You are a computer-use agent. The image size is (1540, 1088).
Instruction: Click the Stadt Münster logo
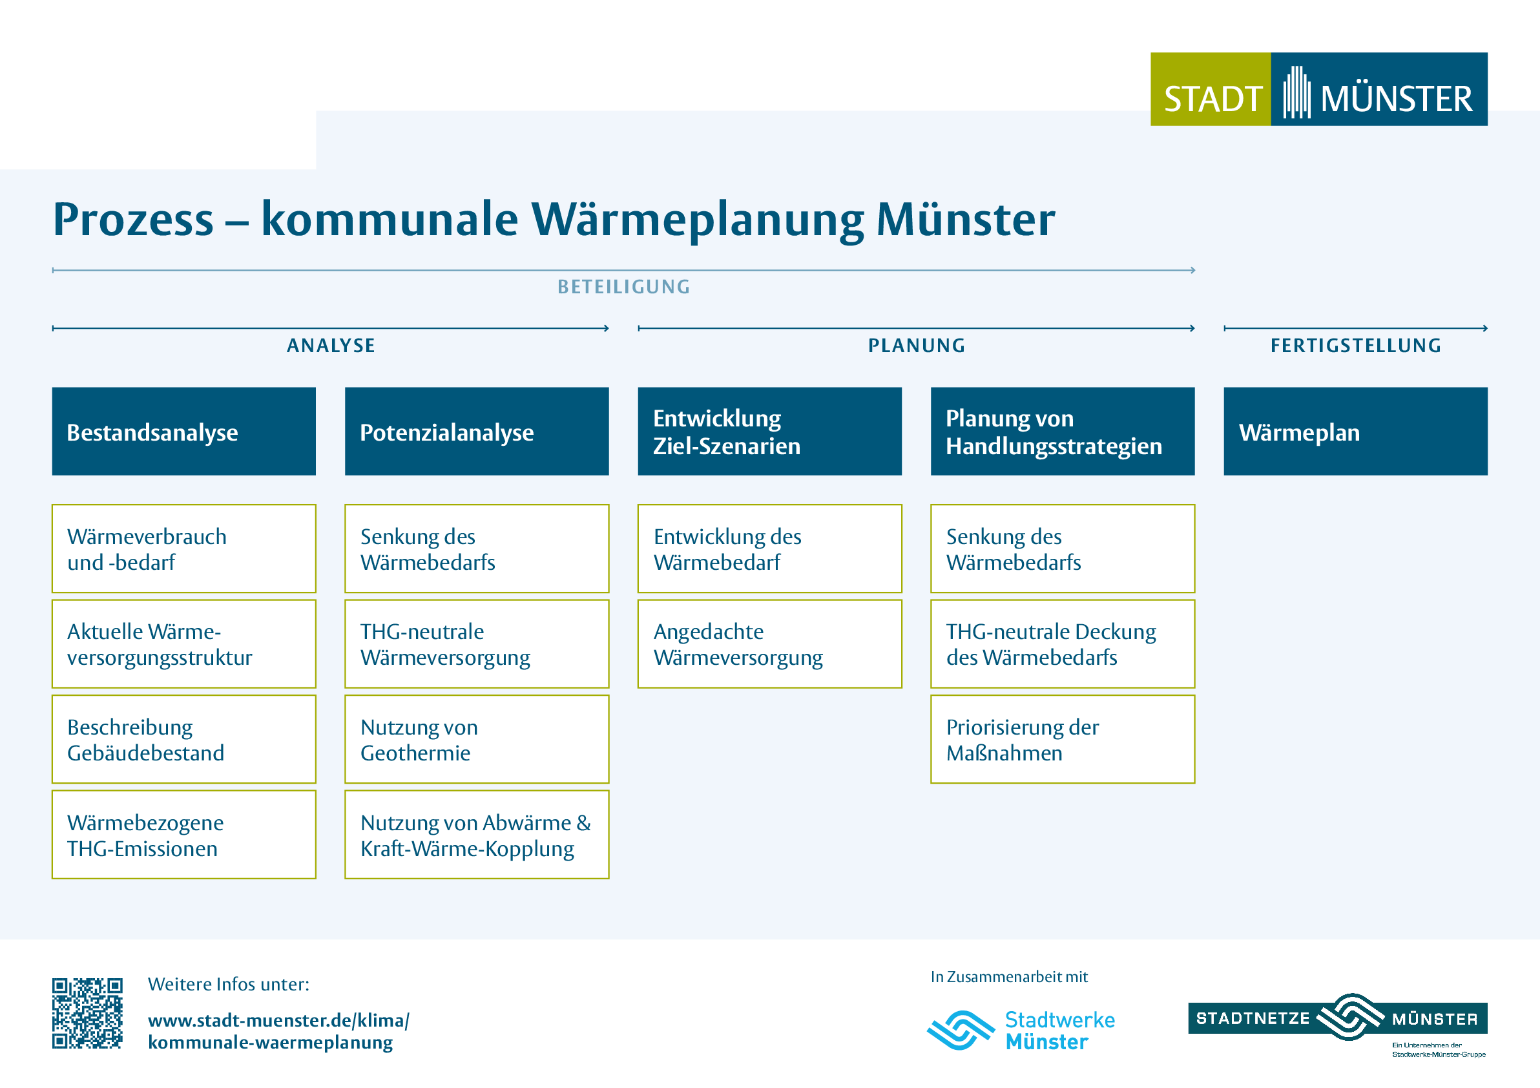[1318, 89]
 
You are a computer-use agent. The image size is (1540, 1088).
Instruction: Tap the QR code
[87, 1013]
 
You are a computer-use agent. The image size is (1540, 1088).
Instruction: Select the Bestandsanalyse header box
[184, 432]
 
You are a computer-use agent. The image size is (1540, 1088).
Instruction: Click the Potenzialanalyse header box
[477, 432]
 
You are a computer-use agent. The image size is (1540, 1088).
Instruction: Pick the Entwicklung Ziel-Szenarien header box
[769, 432]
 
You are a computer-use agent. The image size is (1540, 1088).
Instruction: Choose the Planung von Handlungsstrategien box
[1063, 432]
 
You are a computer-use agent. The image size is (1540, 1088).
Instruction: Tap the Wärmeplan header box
[1355, 432]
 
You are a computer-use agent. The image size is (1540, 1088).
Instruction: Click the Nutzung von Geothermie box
[477, 739]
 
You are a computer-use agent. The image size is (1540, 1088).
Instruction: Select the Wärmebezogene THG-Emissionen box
[184, 835]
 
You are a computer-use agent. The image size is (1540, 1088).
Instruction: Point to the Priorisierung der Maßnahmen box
[1063, 739]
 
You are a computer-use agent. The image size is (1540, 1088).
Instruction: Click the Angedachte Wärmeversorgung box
[769, 644]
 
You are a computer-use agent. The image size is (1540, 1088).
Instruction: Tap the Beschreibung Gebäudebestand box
[184, 739]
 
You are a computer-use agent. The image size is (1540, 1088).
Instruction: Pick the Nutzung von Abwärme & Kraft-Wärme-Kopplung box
[477, 835]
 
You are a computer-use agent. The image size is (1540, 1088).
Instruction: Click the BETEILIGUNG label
[624, 287]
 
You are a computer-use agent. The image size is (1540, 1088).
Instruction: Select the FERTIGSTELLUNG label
[1355, 346]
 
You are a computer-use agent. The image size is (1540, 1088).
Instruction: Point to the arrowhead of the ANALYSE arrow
[607, 328]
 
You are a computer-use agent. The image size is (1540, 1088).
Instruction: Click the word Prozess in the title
[134, 220]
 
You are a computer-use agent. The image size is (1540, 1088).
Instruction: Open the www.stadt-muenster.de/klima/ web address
[278, 1020]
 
